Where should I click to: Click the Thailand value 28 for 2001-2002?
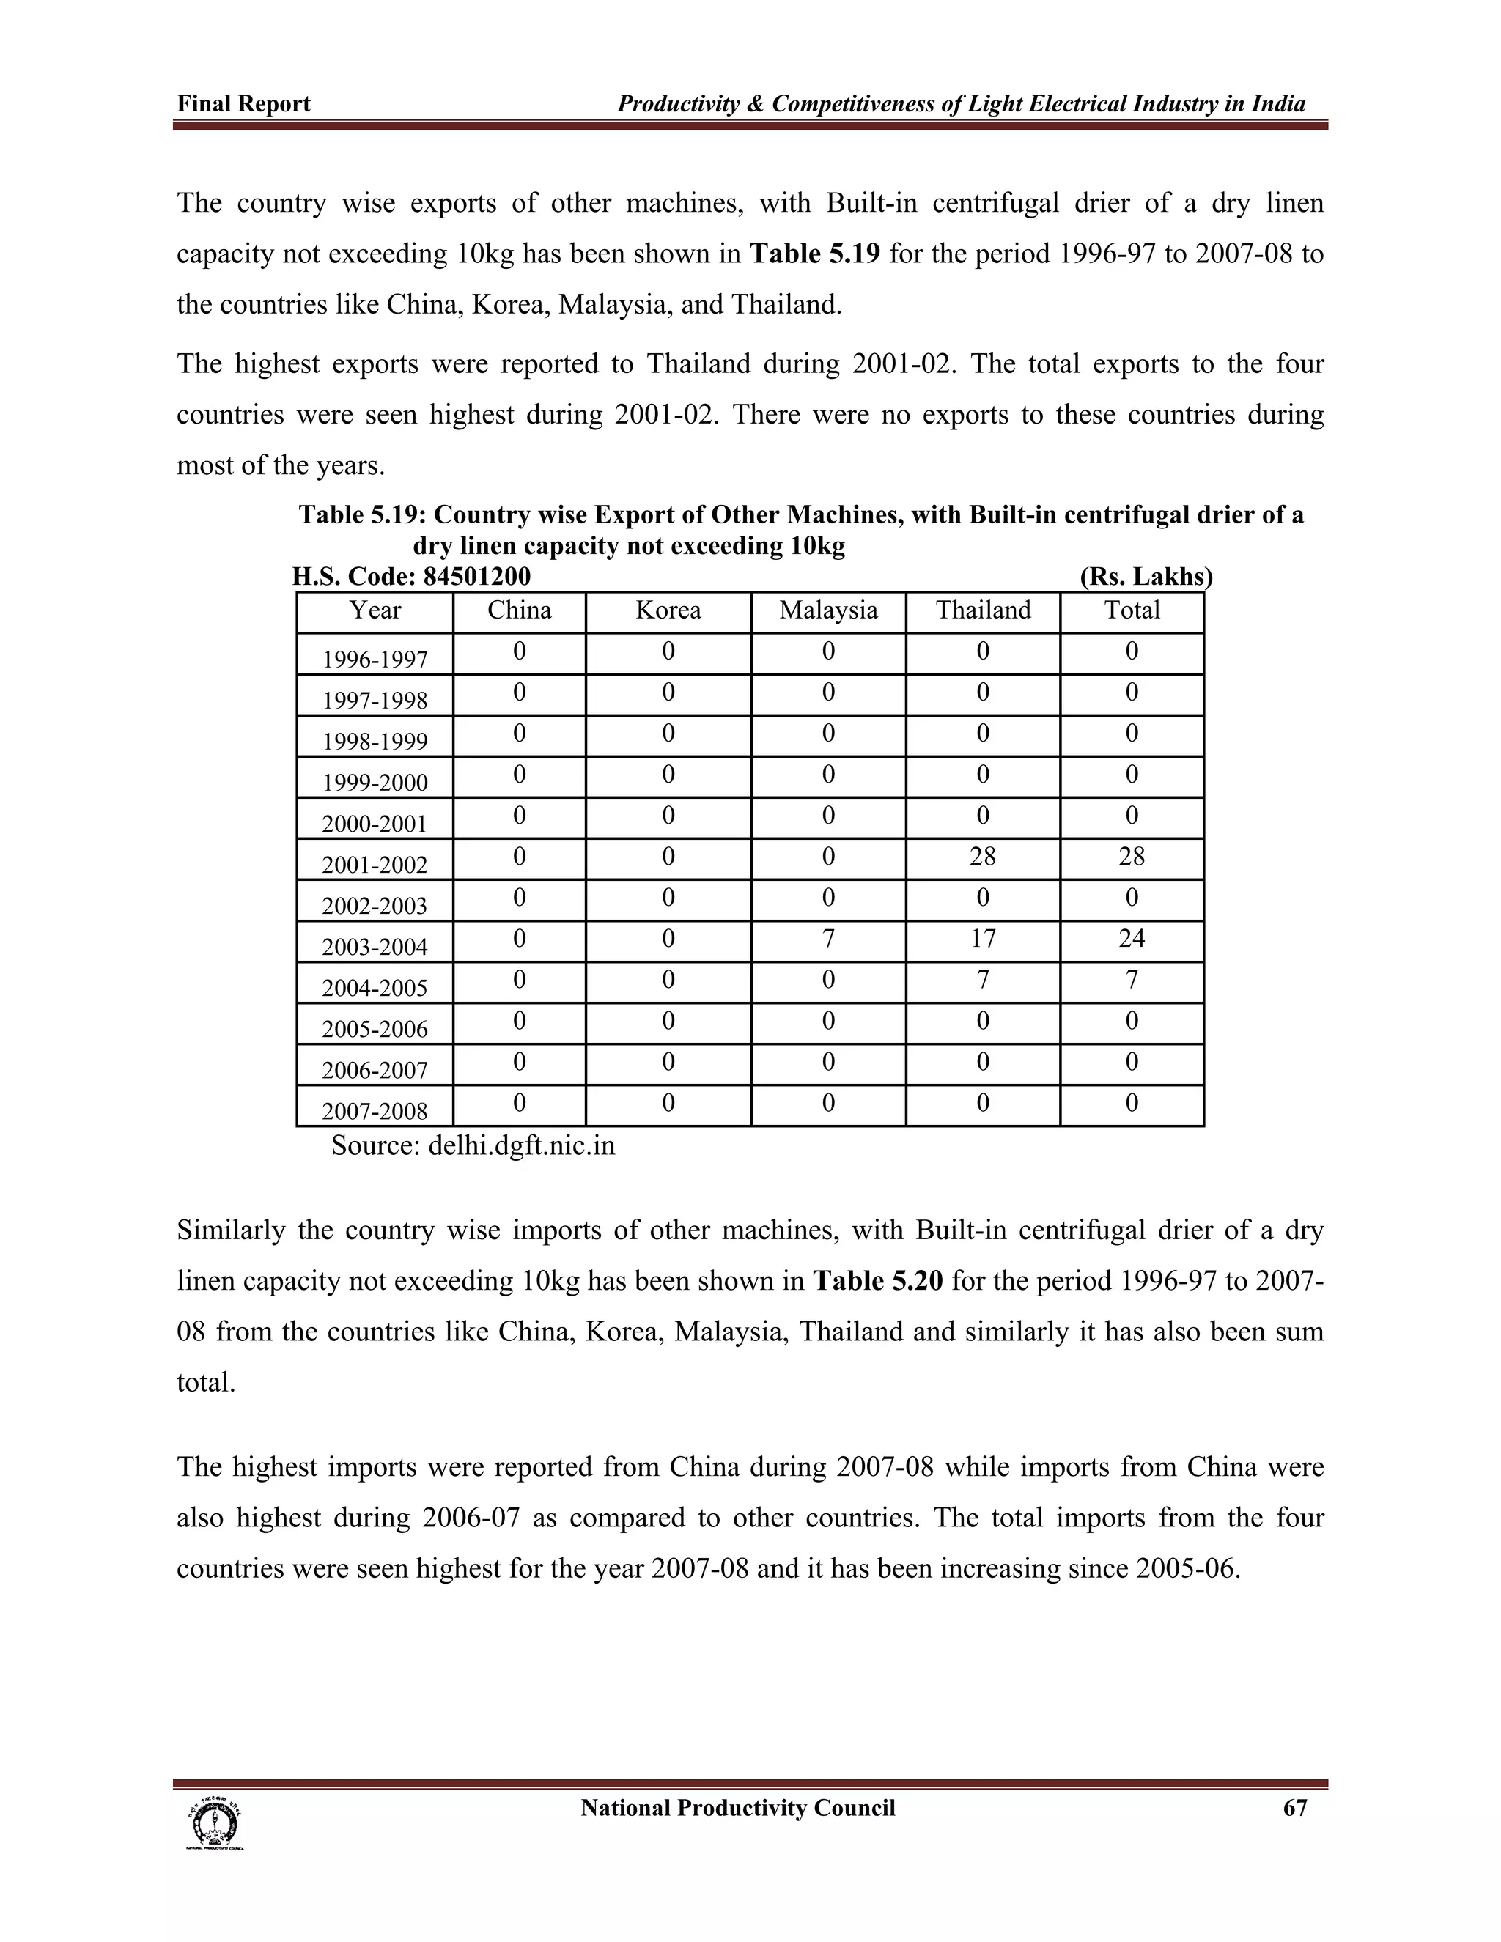(x=983, y=857)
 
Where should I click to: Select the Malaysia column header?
(x=828, y=611)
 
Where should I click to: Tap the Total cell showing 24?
(x=1131, y=939)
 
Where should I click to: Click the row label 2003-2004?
(x=375, y=947)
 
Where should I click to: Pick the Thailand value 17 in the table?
(x=983, y=939)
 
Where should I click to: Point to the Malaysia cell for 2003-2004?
(x=828, y=939)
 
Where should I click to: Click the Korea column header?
(x=668, y=611)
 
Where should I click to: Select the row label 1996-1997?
(x=375, y=660)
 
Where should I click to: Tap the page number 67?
(x=1295, y=1808)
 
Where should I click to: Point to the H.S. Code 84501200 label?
(x=411, y=577)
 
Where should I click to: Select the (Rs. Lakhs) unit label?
(x=1146, y=577)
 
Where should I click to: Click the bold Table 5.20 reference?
(x=877, y=1281)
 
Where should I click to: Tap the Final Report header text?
(x=243, y=104)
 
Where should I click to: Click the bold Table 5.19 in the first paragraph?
(x=814, y=254)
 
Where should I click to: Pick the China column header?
(x=520, y=611)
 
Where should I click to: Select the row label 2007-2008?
(x=375, y=1112)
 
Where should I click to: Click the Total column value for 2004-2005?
(x=1131, y=980)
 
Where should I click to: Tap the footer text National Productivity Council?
(x=737, y=1809)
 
